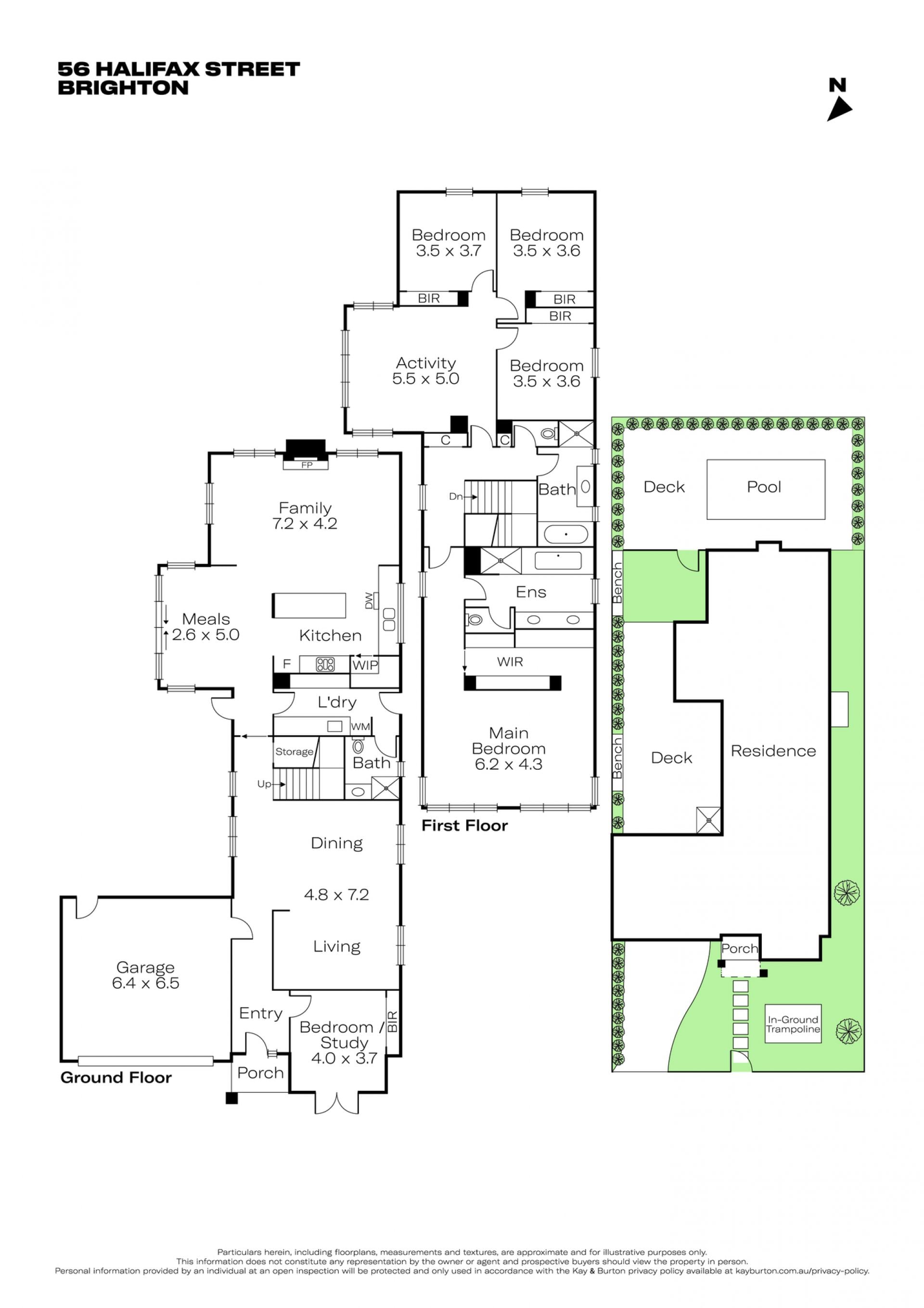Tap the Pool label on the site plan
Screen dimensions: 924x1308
click(763, 487)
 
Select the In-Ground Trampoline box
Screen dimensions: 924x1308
click(793, 1024)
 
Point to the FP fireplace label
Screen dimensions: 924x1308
click(307, 465)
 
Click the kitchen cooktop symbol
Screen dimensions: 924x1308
click(325, 664)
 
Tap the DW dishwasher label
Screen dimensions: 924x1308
click(369, 600)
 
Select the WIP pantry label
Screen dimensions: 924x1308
click(365, 665)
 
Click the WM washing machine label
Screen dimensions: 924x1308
click(360, 727)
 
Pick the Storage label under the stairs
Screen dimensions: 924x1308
click(294, 752)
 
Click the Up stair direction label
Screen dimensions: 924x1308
click(264, 784)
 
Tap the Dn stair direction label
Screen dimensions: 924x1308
click(456, 496)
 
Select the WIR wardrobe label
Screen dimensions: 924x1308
click(510, 661)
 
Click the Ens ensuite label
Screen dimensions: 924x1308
click(531, 593)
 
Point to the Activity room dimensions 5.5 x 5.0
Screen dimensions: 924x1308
click(425, 379)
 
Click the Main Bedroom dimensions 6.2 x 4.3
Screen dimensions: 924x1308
click(509, 764)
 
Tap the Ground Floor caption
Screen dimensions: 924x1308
click(116, 1077)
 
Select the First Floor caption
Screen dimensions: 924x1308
click(464, 826)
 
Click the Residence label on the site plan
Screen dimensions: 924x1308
click(773, 751)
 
